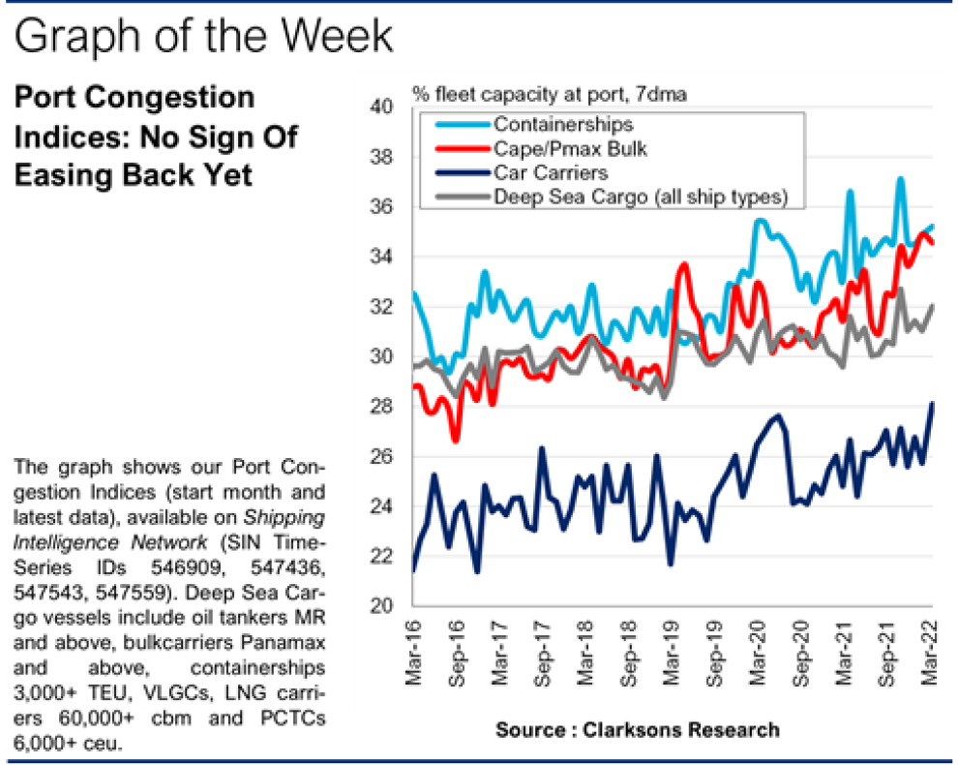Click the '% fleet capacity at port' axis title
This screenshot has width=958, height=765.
549,94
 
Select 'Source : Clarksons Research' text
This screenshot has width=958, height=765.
637,729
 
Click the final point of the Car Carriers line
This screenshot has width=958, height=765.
933,403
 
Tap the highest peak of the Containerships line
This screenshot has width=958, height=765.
901,178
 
